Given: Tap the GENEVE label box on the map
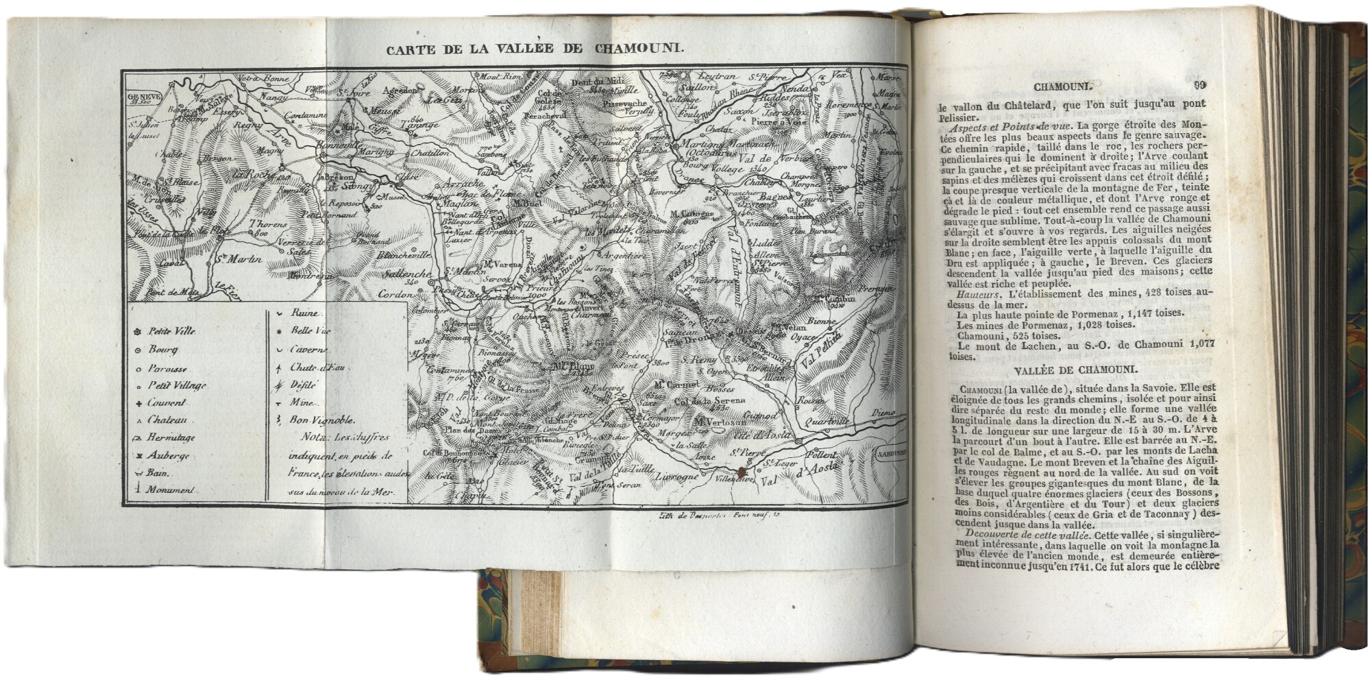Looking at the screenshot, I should point(139,99).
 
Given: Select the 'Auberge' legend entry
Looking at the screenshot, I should point(168,456).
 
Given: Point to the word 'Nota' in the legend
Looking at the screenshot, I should point(311,438).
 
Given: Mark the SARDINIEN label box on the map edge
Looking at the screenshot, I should point(891,453).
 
